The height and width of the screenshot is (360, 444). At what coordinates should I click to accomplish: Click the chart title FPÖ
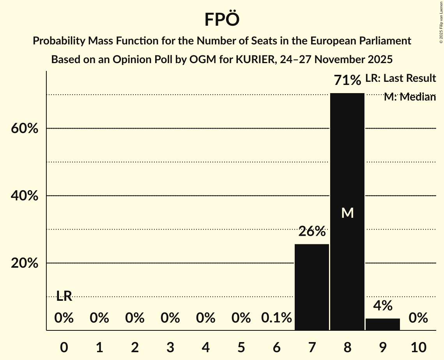tap(222, 19)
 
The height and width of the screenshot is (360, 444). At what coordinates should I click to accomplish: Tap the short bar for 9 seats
tap(383, 324)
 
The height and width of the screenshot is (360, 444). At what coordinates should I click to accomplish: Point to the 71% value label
tap(347, 81)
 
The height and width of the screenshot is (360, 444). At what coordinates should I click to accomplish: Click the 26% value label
tap(312, 232)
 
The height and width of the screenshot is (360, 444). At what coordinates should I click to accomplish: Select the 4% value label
tap(383, 306)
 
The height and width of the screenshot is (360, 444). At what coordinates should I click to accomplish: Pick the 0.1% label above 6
tap(276, 318)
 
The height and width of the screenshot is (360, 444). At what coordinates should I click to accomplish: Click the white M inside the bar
tap(347, 213)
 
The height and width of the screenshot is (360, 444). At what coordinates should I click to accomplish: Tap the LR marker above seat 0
tap(64, 296)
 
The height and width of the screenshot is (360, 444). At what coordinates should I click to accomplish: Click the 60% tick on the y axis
tap(25, 129)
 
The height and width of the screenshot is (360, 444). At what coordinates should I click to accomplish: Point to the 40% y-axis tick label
tap(25, 196)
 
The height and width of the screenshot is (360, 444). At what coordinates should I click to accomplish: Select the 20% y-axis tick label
tap(25, 263)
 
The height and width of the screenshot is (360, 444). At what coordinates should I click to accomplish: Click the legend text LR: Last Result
tap(400, 78)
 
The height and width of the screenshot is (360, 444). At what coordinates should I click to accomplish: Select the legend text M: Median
tap(410, 97)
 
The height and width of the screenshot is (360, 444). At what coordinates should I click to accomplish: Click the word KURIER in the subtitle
tap(256, 60)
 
